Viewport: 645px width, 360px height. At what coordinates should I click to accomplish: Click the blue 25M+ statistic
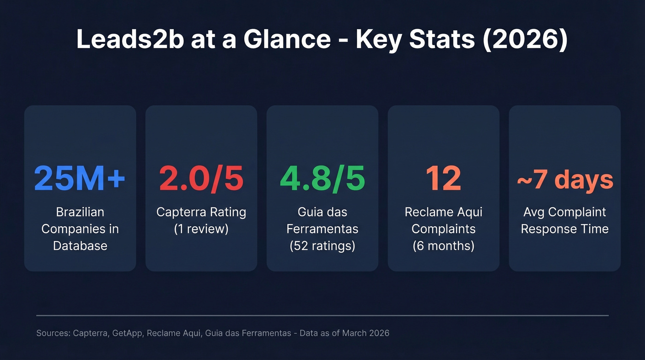pyautogui.click(x=80, y=178)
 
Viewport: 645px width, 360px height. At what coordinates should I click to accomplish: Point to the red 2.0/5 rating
pyautogui.click(x=201, y=178)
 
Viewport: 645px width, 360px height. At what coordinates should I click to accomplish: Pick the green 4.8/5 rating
pyautogui.click(x=322, y=178)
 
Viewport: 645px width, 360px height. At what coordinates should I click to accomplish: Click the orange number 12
pyautogui.click(x=443, y=178)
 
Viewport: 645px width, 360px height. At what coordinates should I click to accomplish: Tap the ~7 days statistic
pyautogui.click(x=564, y=180)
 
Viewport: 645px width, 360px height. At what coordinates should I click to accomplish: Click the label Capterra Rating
pyautogui.click(x=201, y=212)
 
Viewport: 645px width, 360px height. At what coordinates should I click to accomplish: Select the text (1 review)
pyautogui.click(x=201, y=229)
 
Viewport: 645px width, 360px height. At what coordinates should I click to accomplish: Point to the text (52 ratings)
pyautogui.click(x=322, y=246)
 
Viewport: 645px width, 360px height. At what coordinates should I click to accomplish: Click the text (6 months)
pyautogui.click(x=443, y=246)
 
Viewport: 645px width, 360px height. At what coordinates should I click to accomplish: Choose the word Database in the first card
pyautogui.click(x=80, y=246)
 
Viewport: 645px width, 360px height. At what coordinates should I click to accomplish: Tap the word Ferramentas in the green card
pyautogui.click(x=322, y=229)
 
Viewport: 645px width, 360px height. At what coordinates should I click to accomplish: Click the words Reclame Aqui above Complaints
pyautogui.click(x=443, y=212)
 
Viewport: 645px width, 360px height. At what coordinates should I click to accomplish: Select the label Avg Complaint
pyautogui.click(x=564, y=212)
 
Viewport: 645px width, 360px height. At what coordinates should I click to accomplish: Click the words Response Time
pyautogui.click(x=564, y=229)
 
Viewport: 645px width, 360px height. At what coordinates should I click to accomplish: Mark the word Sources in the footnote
pyautogui.click(x=53, y=333)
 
